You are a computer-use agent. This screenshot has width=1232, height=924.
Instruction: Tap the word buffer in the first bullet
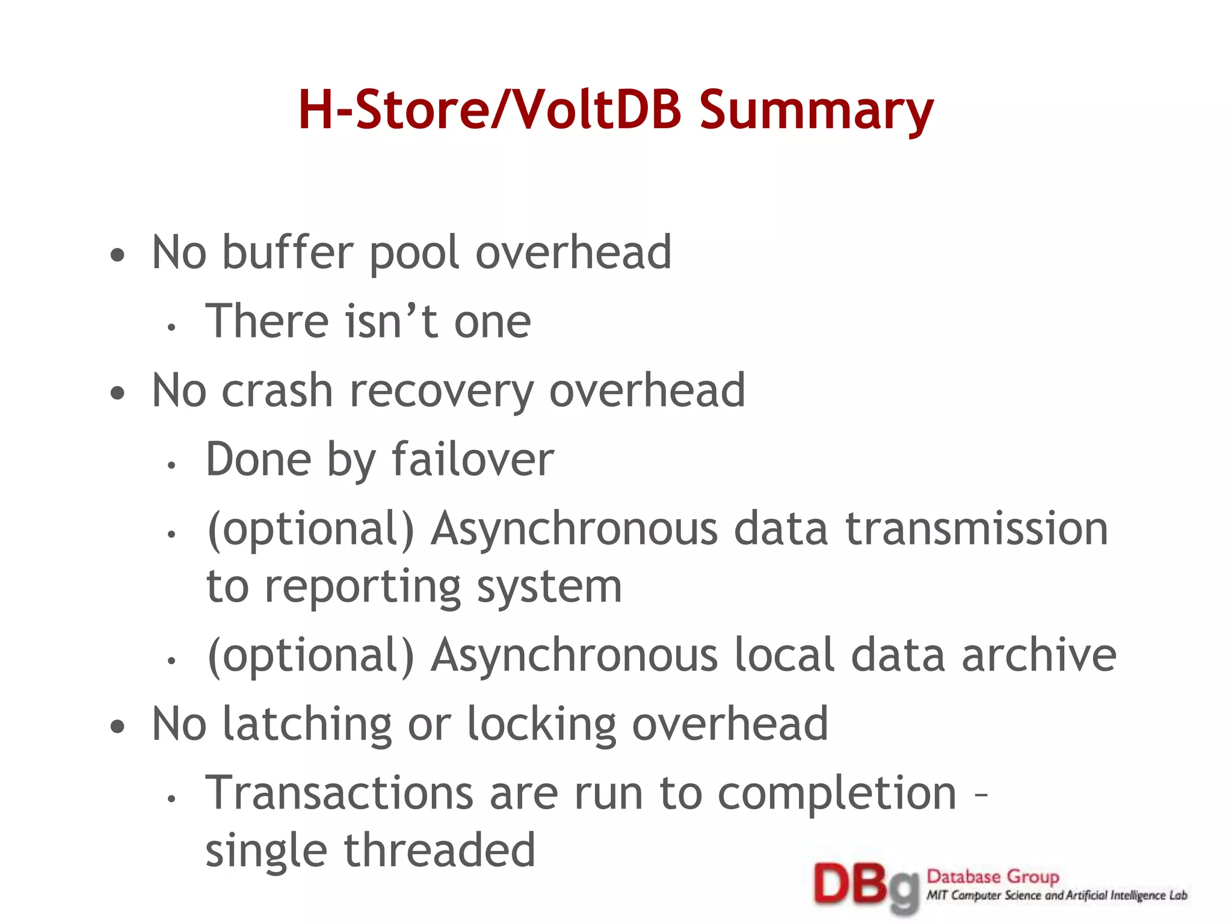coord(288,253)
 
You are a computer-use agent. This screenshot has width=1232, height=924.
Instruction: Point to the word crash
coord(277,391)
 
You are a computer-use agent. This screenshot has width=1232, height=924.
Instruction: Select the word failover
coord(473,460)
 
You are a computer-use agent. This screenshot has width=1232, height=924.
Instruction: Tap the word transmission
coord(976,529)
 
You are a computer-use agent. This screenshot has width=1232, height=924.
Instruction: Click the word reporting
coord(363,588)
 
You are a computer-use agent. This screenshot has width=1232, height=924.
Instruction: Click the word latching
coord(307,724)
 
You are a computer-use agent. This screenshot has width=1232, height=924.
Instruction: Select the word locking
coord(541,724)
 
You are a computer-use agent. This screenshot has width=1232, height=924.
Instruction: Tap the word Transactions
coord(339,793)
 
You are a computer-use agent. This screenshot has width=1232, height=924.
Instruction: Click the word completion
coord(837,795)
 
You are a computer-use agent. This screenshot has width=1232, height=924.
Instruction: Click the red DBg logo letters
coord(864,886)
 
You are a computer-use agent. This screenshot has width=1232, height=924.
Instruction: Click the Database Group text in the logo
coord(993,876)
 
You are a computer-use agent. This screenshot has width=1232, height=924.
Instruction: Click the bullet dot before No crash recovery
coord(118,393)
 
